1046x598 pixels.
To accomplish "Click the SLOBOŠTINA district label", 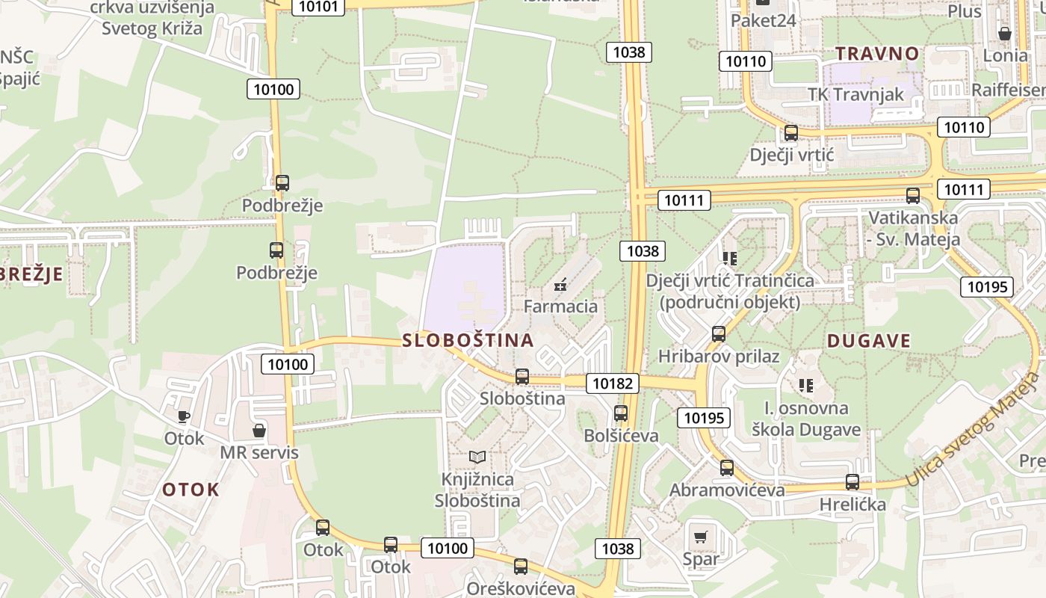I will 468,341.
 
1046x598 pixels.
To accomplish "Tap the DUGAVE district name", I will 868,342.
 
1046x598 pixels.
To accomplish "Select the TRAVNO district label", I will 876,54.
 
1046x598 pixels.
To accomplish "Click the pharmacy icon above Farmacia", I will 560,285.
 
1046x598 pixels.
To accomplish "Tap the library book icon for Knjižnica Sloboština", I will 477,457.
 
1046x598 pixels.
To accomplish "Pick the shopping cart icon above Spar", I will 700,537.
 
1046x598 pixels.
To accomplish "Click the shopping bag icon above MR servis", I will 259,431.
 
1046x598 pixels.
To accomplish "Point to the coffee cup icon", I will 184,416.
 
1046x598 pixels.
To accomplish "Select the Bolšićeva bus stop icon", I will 620,413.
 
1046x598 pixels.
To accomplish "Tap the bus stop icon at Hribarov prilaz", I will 719,334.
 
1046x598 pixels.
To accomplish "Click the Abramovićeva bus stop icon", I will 727,468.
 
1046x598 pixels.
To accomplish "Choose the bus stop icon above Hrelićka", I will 852,482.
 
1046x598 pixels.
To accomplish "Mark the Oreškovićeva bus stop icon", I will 521,567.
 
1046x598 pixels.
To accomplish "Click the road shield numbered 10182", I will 613,383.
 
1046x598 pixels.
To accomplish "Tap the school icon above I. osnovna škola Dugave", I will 805,386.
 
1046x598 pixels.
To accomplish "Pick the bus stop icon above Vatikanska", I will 912,196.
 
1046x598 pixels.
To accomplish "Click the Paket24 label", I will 763,20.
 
